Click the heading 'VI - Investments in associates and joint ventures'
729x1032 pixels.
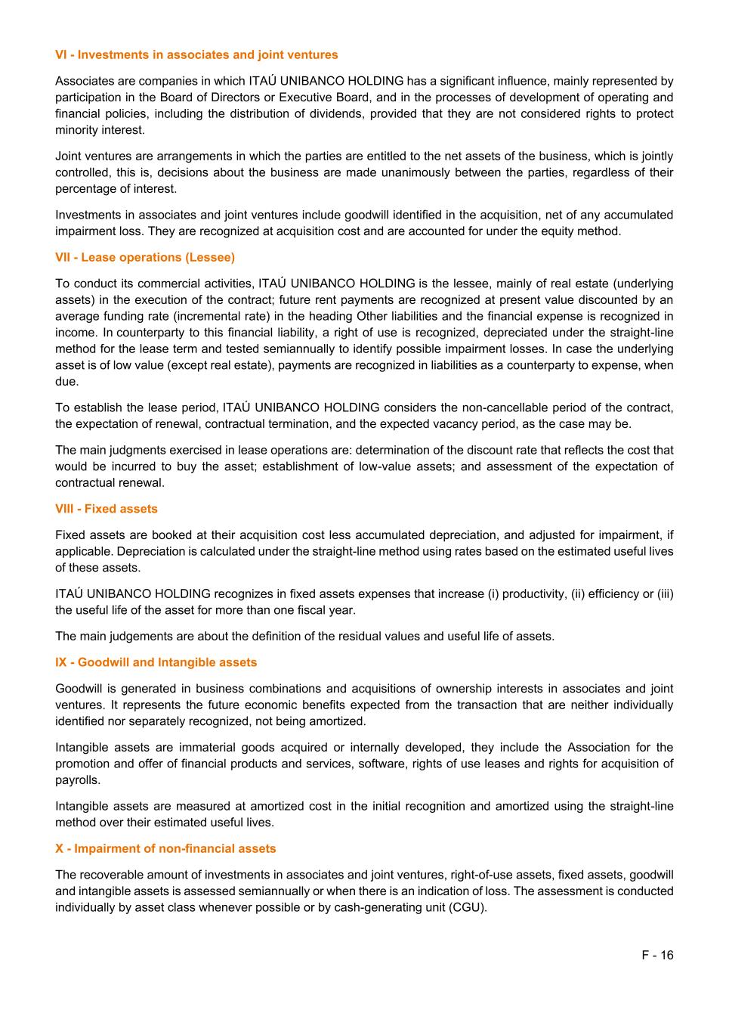196,55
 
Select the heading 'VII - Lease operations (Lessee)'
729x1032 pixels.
145,258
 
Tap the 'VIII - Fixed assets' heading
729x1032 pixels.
107,509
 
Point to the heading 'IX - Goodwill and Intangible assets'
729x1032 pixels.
156,662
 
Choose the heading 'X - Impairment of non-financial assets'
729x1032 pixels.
165,849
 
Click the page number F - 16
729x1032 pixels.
657,955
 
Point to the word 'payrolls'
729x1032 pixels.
76,780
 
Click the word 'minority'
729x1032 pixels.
76,130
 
